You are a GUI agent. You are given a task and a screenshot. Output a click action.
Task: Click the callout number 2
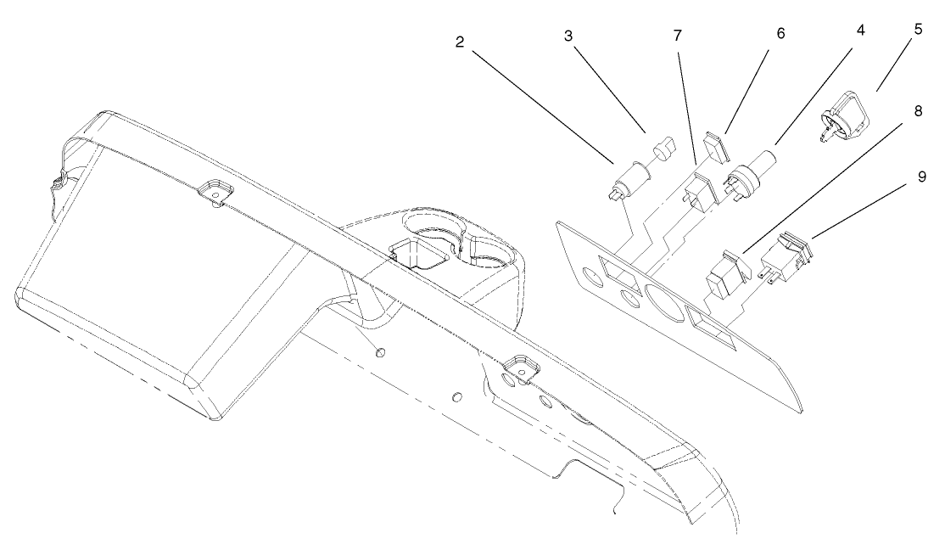(x=459, y=42)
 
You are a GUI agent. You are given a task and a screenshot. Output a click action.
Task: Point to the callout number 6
(x=780, y=33)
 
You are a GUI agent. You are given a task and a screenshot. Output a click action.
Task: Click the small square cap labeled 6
(x=717, y=147)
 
